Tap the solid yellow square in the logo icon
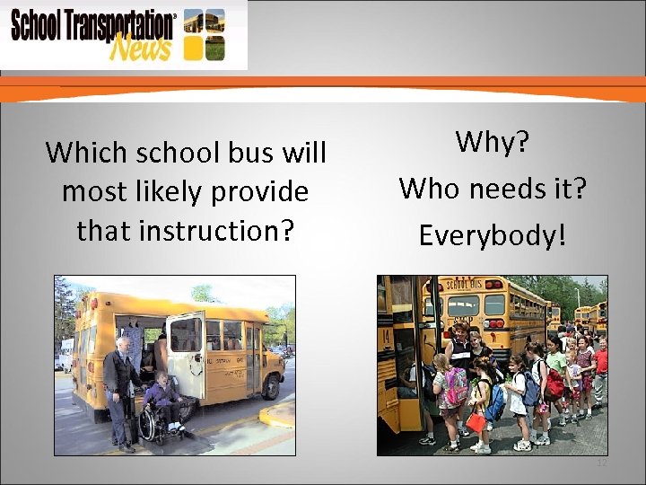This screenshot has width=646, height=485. (x=192, y=47)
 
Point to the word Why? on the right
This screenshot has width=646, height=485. (x=492, y=141)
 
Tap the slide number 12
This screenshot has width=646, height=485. (x=601, y=463)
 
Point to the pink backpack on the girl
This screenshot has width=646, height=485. (x=456, y=387)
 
